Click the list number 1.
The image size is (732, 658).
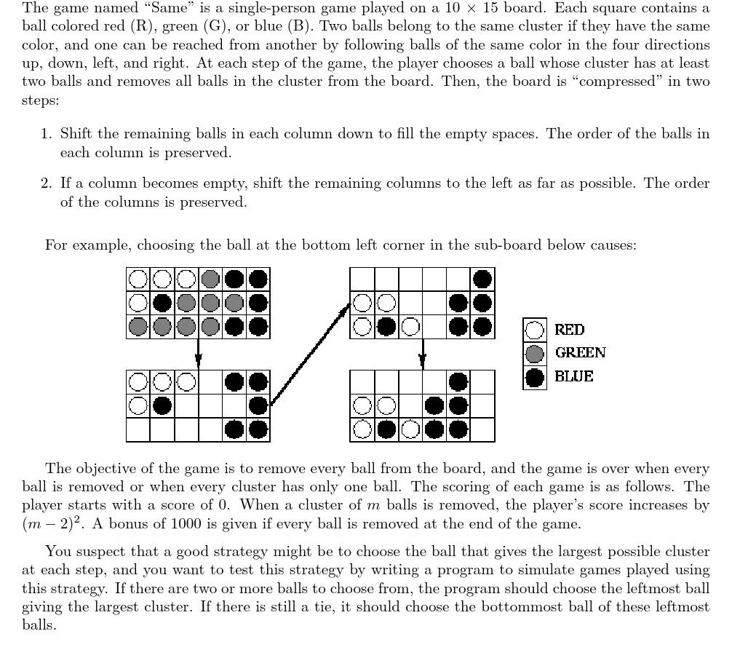tap(46, 135)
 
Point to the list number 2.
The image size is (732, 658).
tap(46, 184)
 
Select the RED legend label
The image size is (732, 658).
tap(569, 330)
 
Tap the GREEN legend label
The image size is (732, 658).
tap(580, 353)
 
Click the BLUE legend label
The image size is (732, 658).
tap(573, 376)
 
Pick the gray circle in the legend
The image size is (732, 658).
tap(535, 354)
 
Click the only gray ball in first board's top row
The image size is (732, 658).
tap(210, 278)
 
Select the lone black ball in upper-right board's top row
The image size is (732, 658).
tap(482, 278)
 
